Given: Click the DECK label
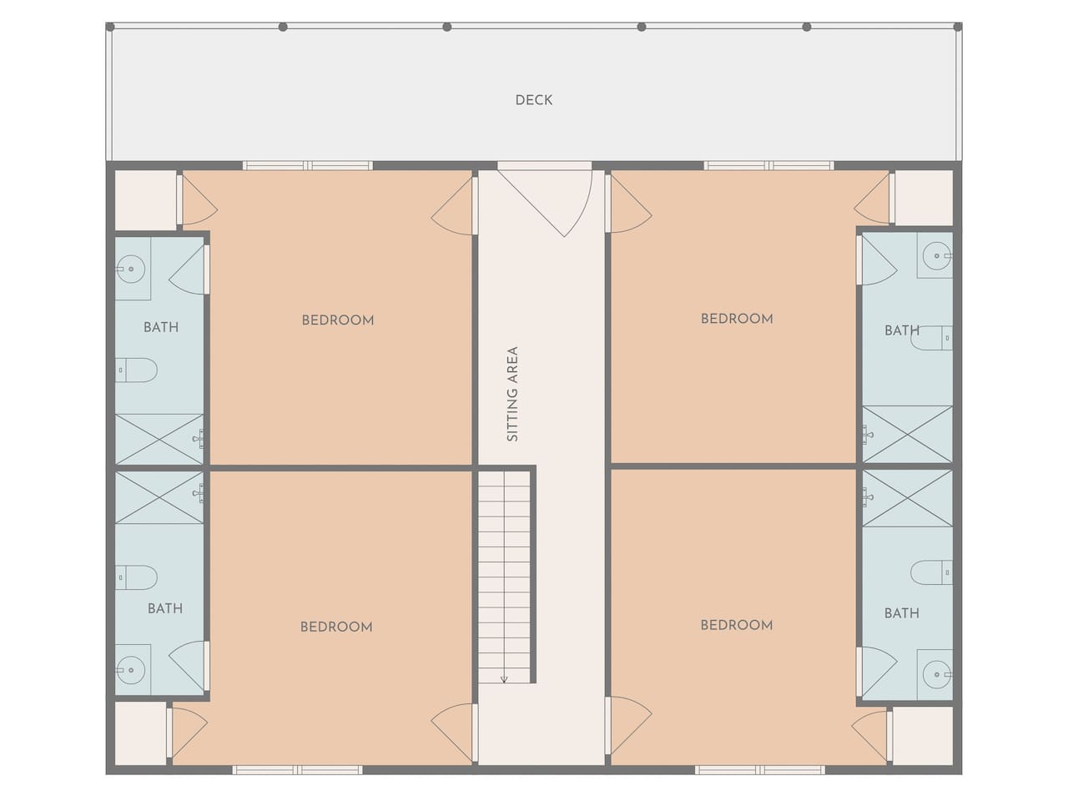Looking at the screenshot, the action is [534, 100].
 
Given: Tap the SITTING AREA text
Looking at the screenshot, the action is [512, 394].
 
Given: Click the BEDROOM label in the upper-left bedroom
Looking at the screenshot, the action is [338, 320].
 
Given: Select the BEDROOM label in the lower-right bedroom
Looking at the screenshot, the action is [737, 625].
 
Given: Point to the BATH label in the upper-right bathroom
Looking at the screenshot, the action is [902, 330].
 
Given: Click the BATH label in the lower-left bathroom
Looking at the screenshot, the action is [165, 608].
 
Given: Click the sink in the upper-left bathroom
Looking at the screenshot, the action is [131, 269].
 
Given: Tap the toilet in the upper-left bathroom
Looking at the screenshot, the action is [136, 370].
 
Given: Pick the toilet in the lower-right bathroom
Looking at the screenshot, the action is [931, 572].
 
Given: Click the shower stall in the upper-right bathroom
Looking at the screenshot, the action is [907, 434].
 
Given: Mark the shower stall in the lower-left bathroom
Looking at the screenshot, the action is [159, 497].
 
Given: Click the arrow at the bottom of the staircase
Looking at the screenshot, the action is [504, 678].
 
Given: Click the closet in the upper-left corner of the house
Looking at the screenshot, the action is [145, 200].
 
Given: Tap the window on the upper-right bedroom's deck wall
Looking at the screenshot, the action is [768, 166].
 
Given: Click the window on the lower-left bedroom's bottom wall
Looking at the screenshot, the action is [297, 770].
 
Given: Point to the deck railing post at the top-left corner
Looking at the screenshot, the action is [110, 27].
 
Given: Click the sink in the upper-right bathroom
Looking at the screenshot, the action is [937, 255].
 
